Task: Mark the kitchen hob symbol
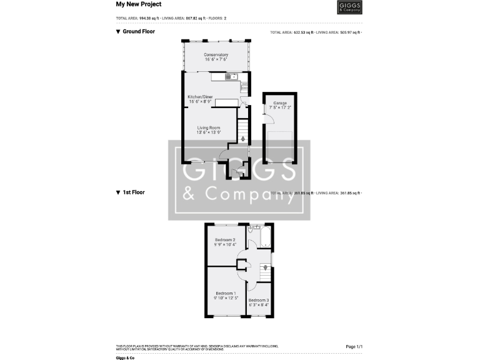tap(245, 87)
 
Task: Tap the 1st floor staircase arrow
tap(266, 268)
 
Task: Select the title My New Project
tap(139, 4)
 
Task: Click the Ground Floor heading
tap(138, 31)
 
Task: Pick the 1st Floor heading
tap(133, 192)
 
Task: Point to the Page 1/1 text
tap(354, 346)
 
